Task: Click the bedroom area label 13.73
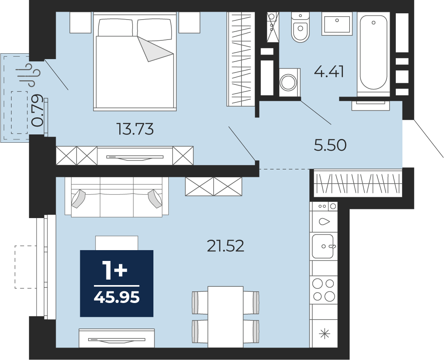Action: [x=135, y=129]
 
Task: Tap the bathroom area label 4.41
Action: [x=329, y=72]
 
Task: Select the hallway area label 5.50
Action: [x=330, y=145]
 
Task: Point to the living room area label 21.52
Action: [x=225, y=246]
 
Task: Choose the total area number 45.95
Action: [x=117, y=297]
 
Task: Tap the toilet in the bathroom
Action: [x=300, y=27]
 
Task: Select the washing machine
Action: [x=290, y=82]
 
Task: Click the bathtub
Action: [x=373, y=52]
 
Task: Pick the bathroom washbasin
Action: [x=337, y=24]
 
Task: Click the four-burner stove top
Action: [x=324, y=290]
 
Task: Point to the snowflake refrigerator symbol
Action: [x=325, y=334]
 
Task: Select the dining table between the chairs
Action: [x=225, y=317]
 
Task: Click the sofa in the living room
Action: [x=117, y=197]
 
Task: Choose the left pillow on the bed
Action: [x=116, y=27]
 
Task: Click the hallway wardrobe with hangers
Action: [x=358, y=183]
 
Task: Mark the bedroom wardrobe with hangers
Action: [x=239, y=59]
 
